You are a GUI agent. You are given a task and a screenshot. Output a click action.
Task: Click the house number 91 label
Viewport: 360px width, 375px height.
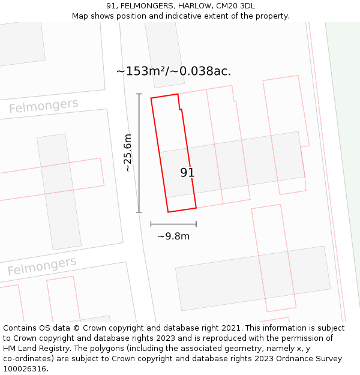point(187,173)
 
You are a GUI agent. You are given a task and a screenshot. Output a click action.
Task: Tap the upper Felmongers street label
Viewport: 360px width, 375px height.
point(43,106)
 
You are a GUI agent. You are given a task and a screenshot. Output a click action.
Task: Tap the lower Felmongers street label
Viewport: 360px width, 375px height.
point(42,265)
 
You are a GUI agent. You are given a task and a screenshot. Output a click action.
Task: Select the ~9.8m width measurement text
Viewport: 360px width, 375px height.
point(173,236)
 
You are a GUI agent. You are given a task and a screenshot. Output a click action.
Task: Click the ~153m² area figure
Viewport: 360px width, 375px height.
point(142,71)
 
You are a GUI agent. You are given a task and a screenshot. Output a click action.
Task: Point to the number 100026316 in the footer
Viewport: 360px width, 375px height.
point(25,368)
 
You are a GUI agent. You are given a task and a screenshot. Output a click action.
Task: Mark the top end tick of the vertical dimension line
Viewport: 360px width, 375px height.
point(139,94)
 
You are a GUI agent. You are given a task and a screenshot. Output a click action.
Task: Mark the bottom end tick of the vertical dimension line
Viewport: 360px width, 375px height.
point(139,212)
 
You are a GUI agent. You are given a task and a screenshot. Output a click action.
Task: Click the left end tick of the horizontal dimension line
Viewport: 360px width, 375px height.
point(151,224)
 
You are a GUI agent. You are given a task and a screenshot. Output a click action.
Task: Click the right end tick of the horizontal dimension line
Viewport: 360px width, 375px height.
point(196,224)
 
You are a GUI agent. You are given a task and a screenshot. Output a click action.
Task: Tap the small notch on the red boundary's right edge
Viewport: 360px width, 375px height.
point(180,109)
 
